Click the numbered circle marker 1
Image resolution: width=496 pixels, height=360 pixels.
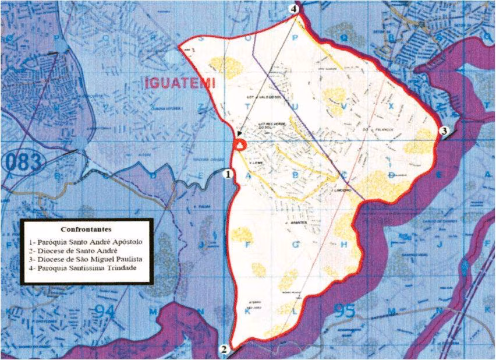pyautogui.click(x=229, y=174)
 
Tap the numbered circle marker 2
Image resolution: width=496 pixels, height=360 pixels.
pyautogui.click(x=224, y=350)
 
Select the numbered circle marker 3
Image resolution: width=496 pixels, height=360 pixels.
pyautogui.click(x=444, y=131)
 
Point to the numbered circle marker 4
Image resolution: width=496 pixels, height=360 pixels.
pyautogui.click(x=295, y=9)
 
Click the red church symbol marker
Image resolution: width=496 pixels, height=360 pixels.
pyautogui.click(x=240, y=144)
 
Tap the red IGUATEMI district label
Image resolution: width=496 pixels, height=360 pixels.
pyautogui.click(x=179, y=83)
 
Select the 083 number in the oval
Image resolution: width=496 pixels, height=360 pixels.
pyautogui.click(x=23, y=163)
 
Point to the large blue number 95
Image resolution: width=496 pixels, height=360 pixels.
pyautogui.click(x=344, y=311)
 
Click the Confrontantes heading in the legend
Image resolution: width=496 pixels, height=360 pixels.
pyautogui.click(x=86, y=229)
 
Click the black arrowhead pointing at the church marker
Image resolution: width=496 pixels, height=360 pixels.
pyautogui.click(x=239, y=135)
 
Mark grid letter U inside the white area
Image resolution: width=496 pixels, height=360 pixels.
pyautogui.click(x=295, y=106)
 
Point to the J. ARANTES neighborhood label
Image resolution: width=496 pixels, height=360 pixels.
pyautogui.click(x=295, y=223)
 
